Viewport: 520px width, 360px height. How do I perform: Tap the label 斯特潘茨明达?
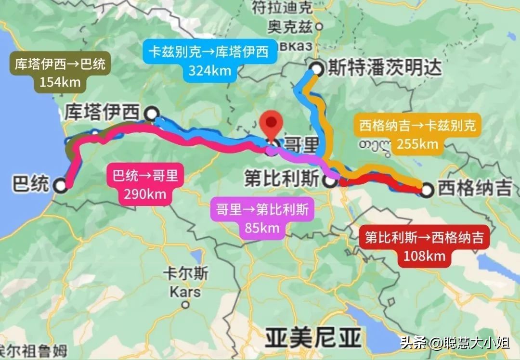384,68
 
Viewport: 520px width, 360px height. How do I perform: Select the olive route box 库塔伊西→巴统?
60,72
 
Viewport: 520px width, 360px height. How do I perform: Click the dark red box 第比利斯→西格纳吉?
424,246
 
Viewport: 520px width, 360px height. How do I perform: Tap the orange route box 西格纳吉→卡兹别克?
417,135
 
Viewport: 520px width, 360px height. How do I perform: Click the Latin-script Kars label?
185,292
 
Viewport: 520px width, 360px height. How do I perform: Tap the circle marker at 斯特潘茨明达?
316,69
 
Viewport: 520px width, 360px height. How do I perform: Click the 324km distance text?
209,70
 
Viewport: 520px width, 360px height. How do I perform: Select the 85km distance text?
262,227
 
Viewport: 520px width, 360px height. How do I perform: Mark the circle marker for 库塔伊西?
152,114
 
